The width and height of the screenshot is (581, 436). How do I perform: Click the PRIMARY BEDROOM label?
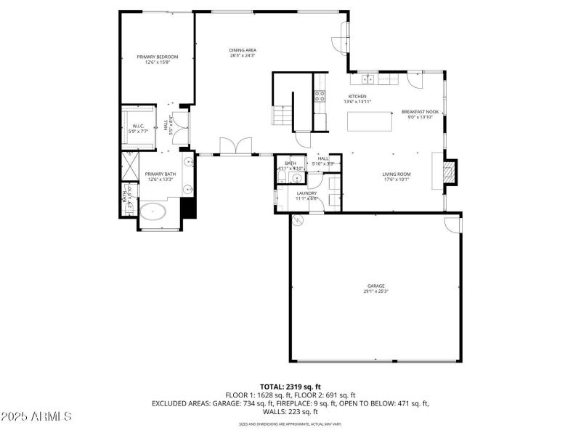point(158,57)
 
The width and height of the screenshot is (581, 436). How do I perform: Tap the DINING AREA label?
point(243,50)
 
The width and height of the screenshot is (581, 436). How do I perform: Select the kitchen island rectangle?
point(370,122)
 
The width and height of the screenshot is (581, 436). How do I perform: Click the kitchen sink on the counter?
point(367,78)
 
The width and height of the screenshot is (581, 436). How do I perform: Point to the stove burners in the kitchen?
point(319,96)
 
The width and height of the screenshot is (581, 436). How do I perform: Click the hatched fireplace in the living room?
point(451,171)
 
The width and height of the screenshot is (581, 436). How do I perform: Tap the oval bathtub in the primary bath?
point(153,213)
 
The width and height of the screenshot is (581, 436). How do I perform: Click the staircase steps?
point(280,115)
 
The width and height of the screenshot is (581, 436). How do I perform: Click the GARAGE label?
point(375,286)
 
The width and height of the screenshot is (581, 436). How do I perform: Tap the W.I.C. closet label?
point(138,126)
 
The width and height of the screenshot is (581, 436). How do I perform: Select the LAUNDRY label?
point(306,193)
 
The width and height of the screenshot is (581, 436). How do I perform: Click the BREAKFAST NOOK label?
point(420,112)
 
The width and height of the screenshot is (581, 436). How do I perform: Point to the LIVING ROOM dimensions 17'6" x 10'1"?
point(397,179)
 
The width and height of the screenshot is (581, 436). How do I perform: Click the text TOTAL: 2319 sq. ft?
point(290,386)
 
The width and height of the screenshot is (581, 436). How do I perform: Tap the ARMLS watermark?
point(36,417)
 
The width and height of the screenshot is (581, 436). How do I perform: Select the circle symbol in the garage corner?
point(296,222)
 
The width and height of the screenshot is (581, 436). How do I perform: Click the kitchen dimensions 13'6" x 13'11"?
point(357,102)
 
